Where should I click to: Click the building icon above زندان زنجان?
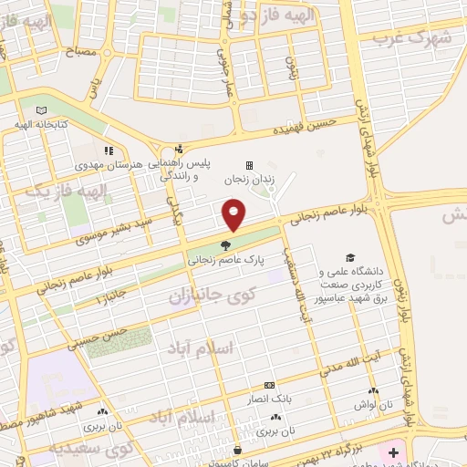pyautogui.click(x=250, y=165)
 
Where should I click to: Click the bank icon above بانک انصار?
pyautogui.click(x=267, y=386)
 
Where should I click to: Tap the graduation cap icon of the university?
pyautogui.click(x=348, y=258)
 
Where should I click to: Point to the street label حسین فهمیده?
pyautogui.click(x=309, y=125)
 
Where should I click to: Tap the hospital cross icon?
pyautogui.click(x=393, y=452)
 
